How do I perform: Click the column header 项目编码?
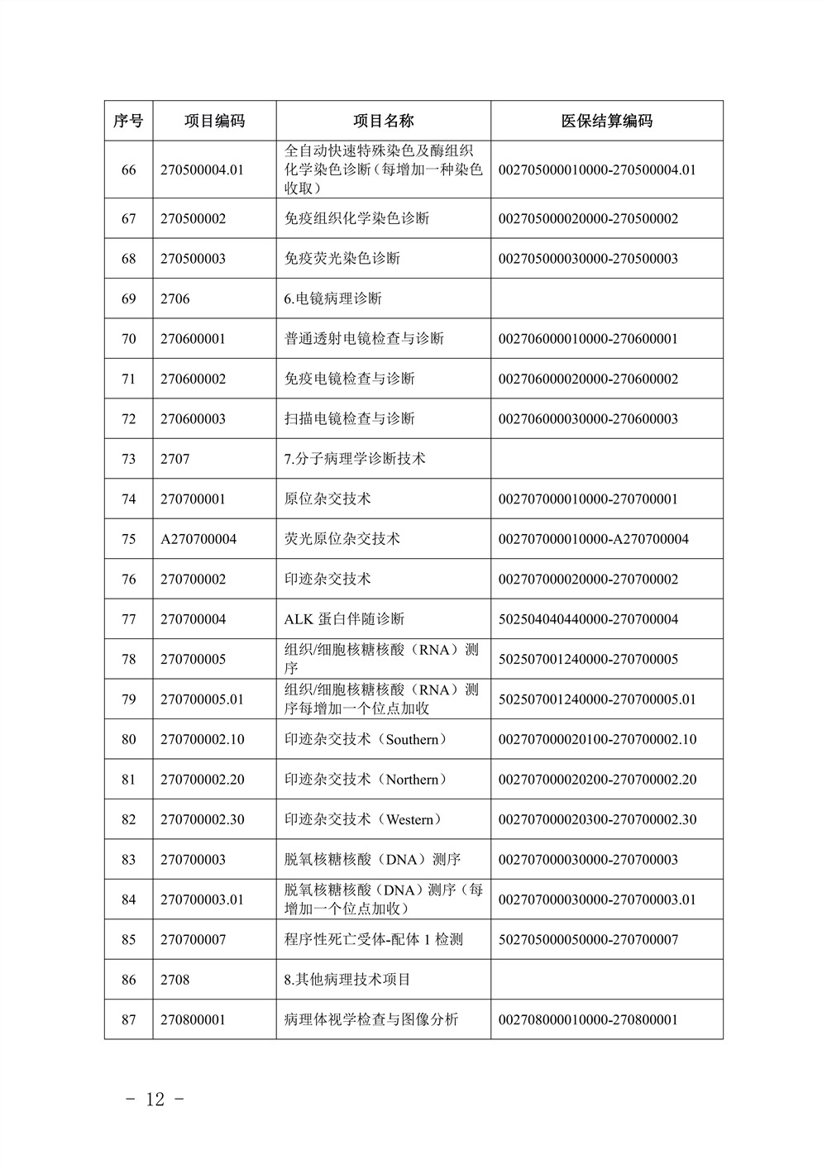coord(214,122)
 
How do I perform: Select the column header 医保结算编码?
coord(606,122)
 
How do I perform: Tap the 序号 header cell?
coord(128,122)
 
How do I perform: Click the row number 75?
coord(128,539)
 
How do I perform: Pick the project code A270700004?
coord(198,539)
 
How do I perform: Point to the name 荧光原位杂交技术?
coord(342,539)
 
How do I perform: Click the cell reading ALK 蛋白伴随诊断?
coord(344,619)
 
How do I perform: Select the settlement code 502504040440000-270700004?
coord(588,619)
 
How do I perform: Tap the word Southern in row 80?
coord(412,739)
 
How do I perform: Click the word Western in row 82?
coord(409,819)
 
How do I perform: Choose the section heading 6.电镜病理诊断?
coord(332,298)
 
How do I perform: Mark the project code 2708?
coord(174,980)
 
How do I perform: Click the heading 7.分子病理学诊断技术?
coord(354,459)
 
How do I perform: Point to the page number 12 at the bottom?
coord(155,1099)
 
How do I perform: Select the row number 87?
coord(128,1019)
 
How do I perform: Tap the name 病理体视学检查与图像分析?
coord(370,1019)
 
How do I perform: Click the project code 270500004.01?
coord(203,169)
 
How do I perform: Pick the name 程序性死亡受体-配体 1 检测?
coord(373,939)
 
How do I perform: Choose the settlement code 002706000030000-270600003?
coord(588,419)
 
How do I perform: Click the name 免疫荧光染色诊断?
coord(342,259)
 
